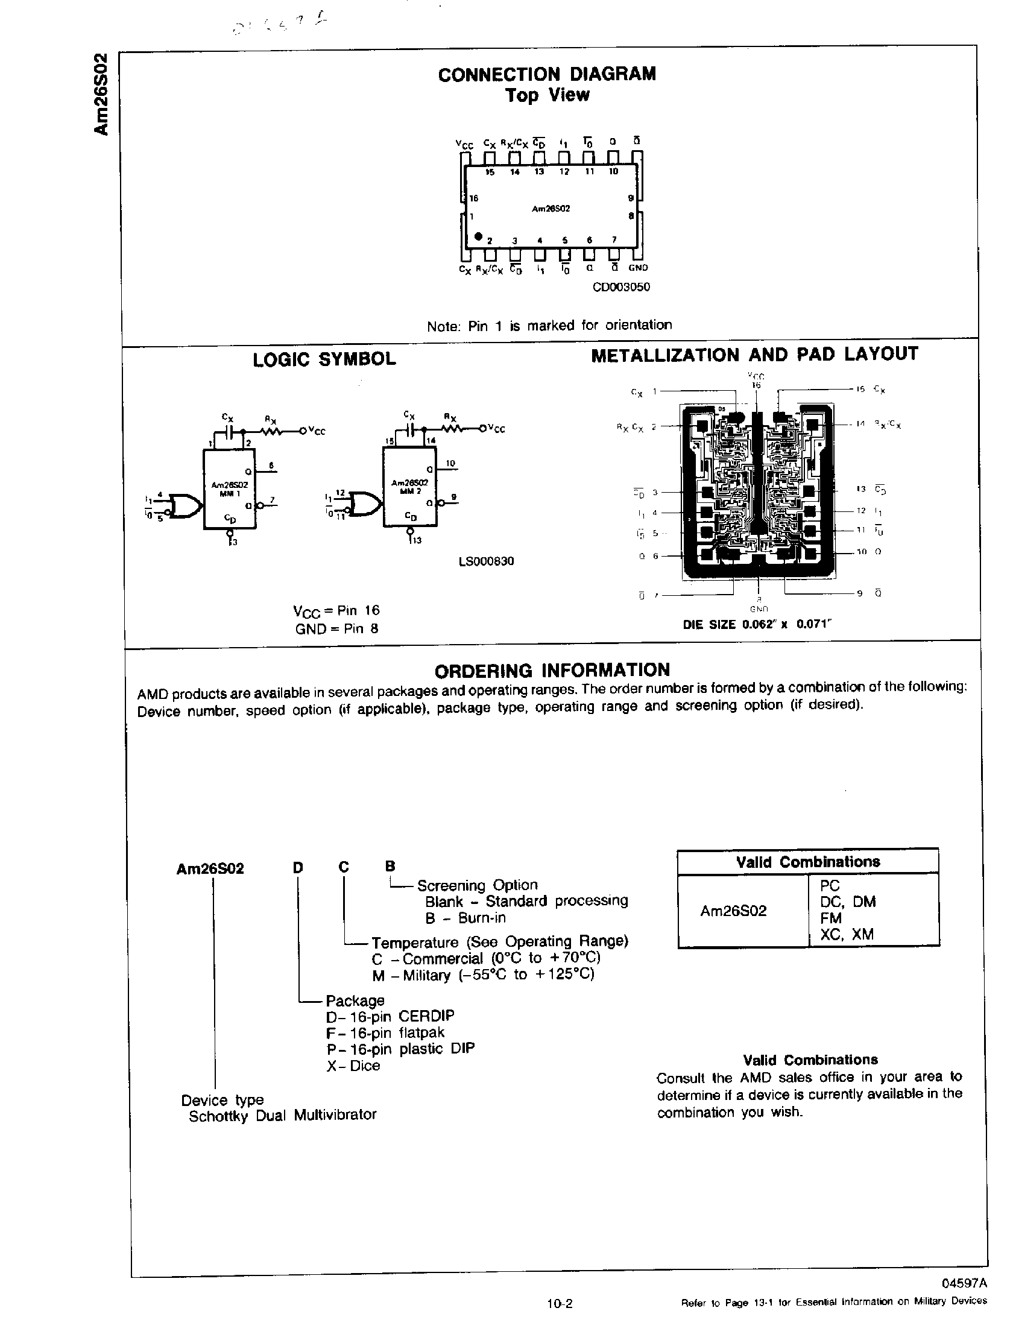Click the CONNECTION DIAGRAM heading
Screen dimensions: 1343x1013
(x=547, y=74)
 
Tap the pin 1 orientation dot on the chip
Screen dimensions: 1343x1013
(x=478, y=236)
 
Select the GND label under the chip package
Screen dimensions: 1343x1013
(x=638, y=268)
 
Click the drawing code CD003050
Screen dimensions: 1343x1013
(x=621, y=286)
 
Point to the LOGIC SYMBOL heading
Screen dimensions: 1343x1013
(x=324, y=359)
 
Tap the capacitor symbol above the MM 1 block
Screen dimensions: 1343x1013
(x=228, y=432)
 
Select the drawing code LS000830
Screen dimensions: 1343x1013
(x=486, y=561)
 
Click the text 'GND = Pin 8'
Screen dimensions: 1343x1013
(x=336, y=629)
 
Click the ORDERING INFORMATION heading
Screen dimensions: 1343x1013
(x=552, y=670)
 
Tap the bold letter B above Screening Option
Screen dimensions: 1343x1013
(x=390, y=867)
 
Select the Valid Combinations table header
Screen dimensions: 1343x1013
(x=809, y=862)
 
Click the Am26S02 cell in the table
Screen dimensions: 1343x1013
(x=733, y=911)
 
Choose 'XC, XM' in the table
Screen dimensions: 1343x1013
(x=847, y=934)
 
